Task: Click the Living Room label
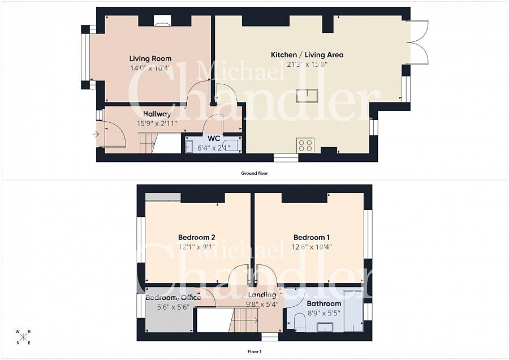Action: click(150, 59)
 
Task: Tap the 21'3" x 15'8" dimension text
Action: click(307, 65)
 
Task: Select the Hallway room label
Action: click(157, 114)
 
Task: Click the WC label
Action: click(214, 139)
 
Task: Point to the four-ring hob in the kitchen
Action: click(305, 145)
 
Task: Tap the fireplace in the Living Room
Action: click(162, 20)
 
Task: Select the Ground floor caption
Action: click(255, 173)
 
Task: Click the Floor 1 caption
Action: click(255, 352)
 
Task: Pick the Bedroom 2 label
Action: click(197, 238)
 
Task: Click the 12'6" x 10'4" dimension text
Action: click(311, 247)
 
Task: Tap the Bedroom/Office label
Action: click(173, 298)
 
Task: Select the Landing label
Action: click(262, 295)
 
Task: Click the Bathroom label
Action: click(324, 304)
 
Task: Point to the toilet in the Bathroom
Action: click(299, 324)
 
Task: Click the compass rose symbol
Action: click(23, 337)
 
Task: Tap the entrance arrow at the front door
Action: click(96, 134)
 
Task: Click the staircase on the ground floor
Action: click(148, 143)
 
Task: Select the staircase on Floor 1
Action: click(243, 320)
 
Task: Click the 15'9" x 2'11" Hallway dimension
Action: click(157, 123)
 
